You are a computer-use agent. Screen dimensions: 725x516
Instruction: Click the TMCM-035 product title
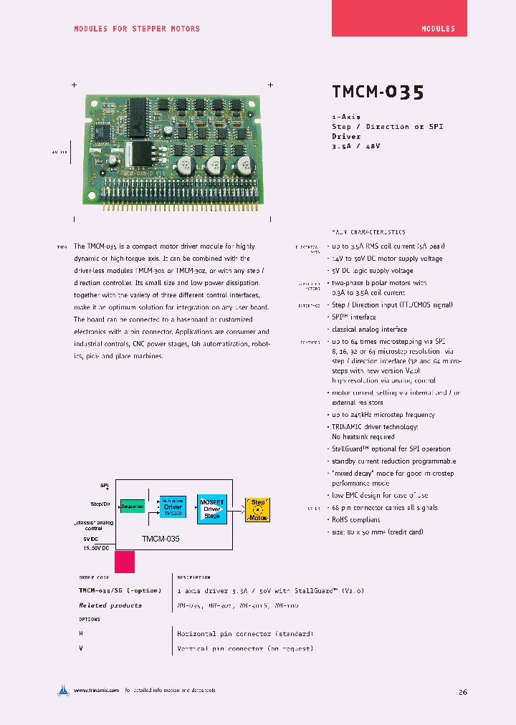pos(378,92)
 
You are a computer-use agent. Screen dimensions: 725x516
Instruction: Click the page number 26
pos(462,692)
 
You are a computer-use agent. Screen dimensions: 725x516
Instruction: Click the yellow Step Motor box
pos(258,509)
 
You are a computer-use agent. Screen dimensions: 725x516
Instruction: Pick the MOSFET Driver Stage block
pos(212,509)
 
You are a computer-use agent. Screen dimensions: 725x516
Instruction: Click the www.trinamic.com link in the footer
pos(96,691)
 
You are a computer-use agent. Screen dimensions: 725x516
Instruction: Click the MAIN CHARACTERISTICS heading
pos(368,232)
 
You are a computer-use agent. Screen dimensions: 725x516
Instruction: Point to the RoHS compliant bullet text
pos(355,520)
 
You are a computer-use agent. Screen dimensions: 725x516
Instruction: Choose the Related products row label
pos(110,605)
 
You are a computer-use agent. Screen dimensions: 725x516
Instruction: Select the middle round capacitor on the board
pos(214,167)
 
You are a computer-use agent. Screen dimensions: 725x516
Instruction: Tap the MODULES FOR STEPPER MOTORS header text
pos(137,29)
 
